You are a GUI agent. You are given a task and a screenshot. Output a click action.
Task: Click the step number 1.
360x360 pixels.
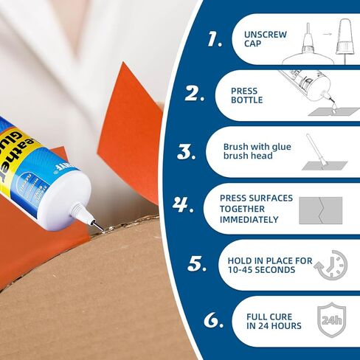(x=215, y=40)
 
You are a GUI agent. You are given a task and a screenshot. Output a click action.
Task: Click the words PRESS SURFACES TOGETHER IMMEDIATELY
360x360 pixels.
(x=256, y=209)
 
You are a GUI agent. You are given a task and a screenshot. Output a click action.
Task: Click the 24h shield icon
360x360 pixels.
(x=328, y=320)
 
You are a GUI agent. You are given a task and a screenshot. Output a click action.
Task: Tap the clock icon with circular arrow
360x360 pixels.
(x=329, y=265)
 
